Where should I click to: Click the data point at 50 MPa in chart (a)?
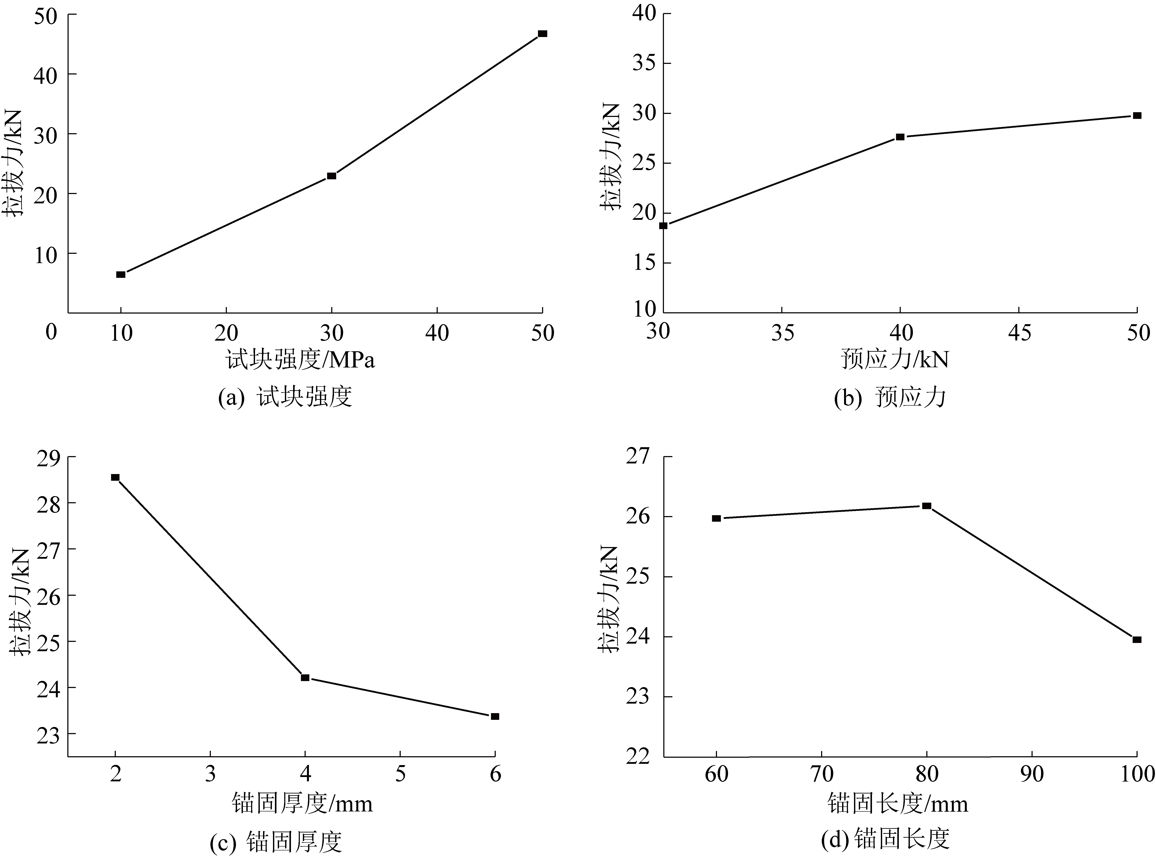(x=542, y=34)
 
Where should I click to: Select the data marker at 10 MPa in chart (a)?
(x=120, y=274)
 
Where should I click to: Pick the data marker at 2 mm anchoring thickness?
(x=115, y=477)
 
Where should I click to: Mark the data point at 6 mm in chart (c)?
(x=495, y=716)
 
